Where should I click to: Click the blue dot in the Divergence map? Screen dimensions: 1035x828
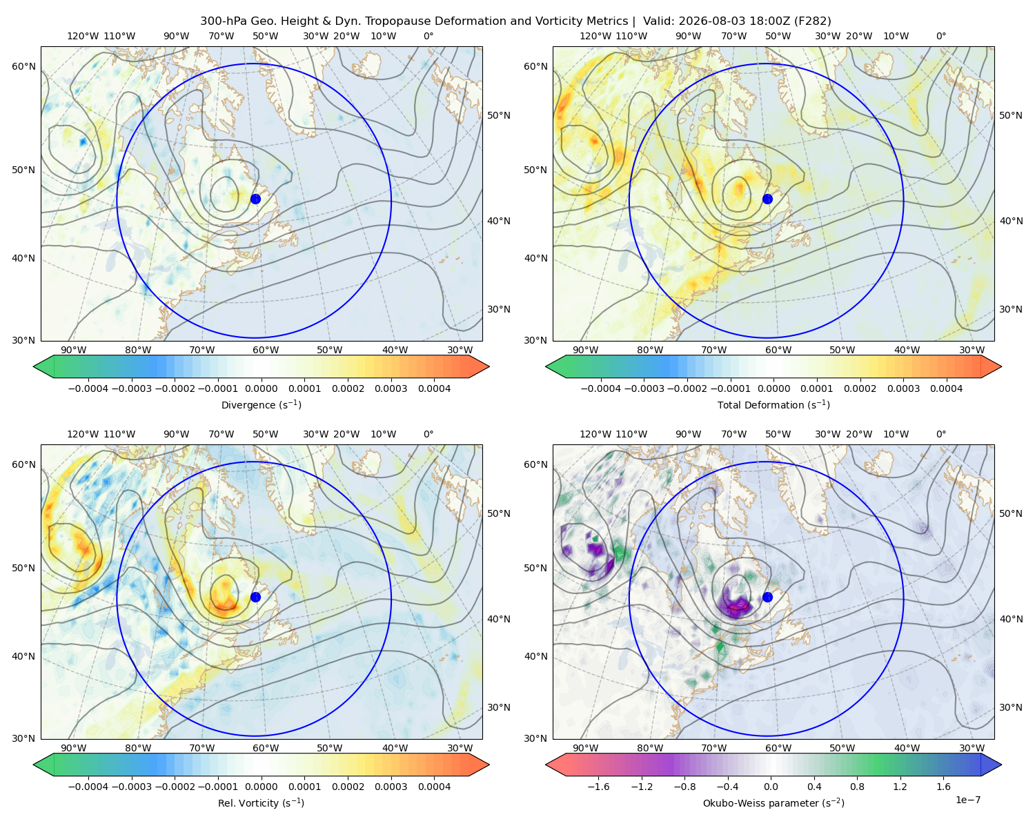coord(255,199)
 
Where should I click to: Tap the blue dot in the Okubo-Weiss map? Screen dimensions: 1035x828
coord(767,597)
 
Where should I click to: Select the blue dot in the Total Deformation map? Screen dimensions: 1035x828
coord(767,199)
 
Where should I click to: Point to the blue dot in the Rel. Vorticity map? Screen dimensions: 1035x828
coord(255,597)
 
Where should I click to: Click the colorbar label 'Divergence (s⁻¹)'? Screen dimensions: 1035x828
coord(261,404)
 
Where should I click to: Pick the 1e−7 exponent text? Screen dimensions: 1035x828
coord(967,800)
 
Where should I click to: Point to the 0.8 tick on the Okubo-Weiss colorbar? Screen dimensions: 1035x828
coord(857,787)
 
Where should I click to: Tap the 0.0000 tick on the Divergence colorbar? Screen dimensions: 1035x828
coord(261,388)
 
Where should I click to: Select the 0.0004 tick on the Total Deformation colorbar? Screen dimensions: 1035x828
coord(946,388)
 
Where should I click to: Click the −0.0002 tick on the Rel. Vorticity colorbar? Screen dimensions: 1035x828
coord(175,787)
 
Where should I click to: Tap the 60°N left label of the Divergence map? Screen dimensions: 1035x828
coord(23,66)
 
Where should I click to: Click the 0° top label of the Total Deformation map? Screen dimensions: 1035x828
coord(940,36)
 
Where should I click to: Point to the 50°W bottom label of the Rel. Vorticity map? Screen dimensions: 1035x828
coord(329,748)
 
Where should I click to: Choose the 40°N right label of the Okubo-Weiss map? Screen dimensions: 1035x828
coord(1011,619)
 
